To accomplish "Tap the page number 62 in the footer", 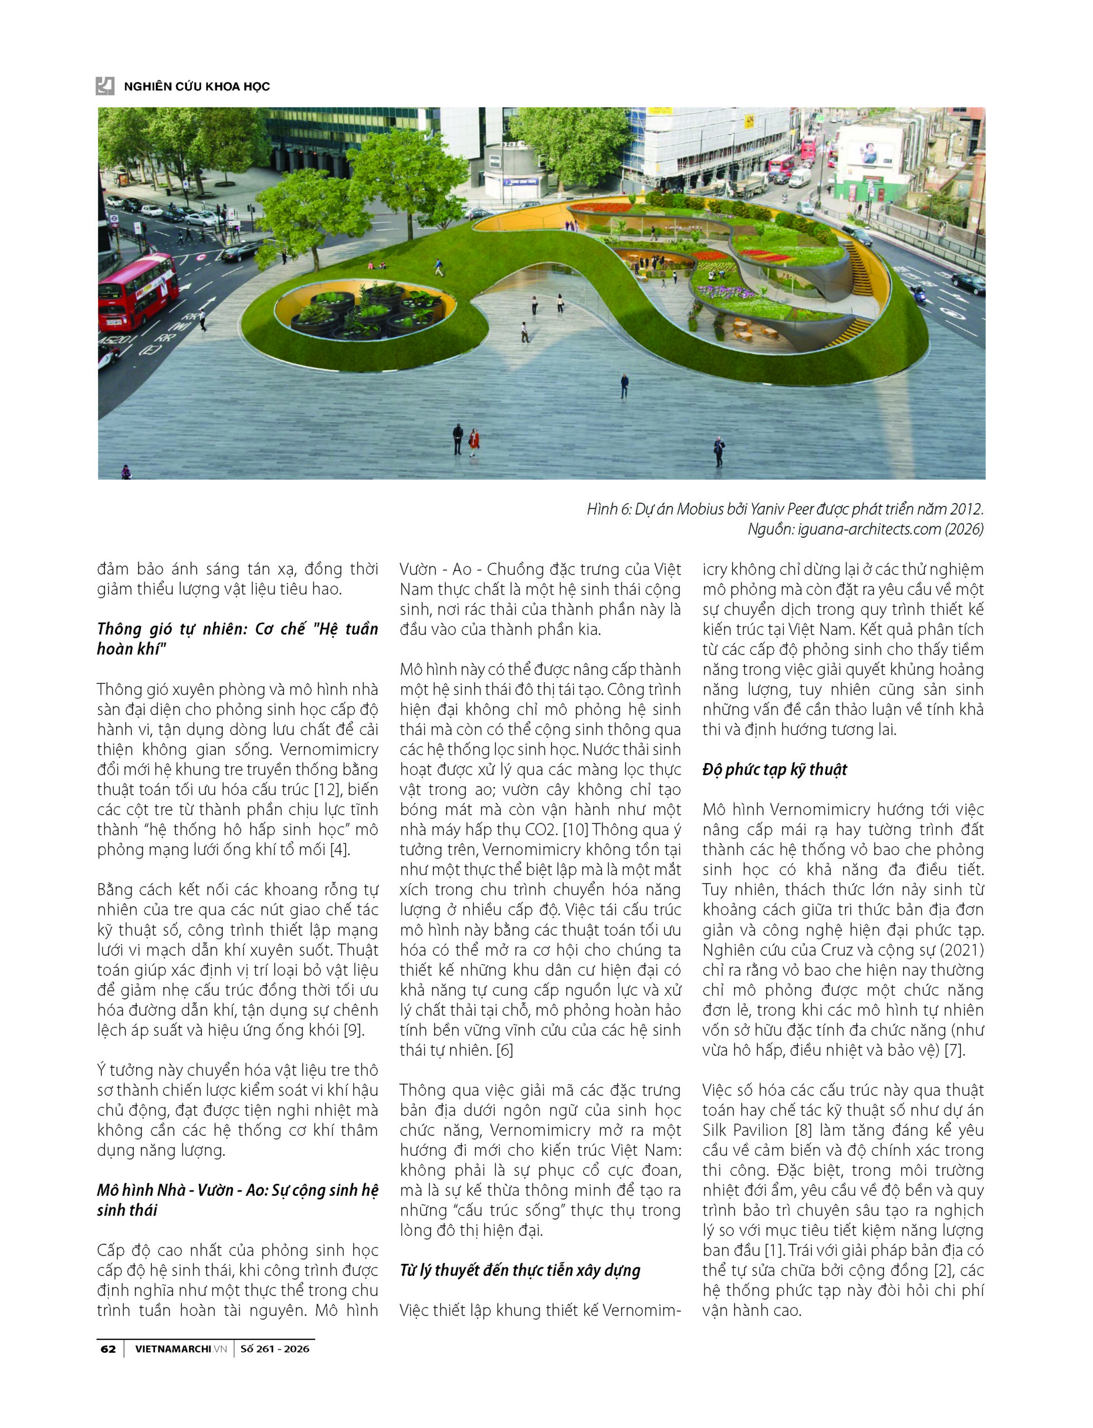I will (108, 1349).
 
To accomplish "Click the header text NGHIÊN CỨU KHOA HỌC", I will (196, 86).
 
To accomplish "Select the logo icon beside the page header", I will (105, 86).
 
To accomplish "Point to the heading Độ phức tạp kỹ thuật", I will (774, 769).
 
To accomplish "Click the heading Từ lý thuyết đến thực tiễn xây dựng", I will (520, 1270).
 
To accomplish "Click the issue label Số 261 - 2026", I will (275, 1349).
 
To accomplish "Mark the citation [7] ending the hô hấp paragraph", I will (954, 1050).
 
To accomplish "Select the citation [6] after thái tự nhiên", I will (504, 1050).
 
